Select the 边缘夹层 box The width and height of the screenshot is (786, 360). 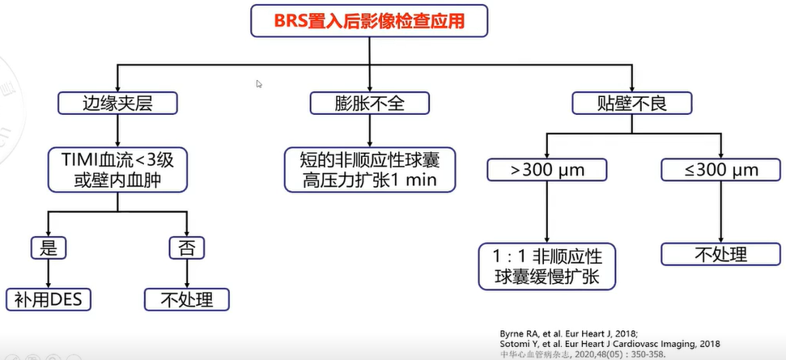tap(117, 103)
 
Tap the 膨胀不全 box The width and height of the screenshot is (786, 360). tap(369, 103)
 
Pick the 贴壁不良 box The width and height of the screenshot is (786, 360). tap(621, 103)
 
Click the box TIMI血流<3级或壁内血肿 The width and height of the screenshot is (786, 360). tap(118, 169)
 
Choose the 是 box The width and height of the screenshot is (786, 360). tap(49, 247)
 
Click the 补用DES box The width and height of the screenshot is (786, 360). tap(49, 299)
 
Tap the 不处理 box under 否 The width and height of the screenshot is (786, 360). tap(186, 299)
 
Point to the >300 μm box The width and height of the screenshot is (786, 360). tap(547, 170)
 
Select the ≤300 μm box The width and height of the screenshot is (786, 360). tap(720, 170)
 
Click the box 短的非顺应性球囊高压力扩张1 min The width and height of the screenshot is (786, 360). tap(369, 169)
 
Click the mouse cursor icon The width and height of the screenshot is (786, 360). tap(259, 83)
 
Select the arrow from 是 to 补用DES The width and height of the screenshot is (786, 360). tap(49, 273)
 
